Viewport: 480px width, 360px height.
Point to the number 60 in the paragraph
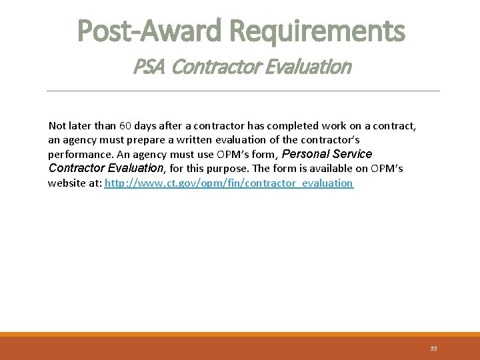pyautogui.click(x=125, y=125)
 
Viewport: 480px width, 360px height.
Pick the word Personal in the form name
pyautogui.click(x=306, y=154)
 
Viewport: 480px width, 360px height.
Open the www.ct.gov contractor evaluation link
pyautogui.click(x=229, y=183)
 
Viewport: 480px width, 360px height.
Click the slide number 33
pyautogui.click(x=433, y=349)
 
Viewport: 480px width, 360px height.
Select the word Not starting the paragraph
pyautogui.click(x=57, y=125)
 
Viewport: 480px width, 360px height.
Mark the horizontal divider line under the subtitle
pyautogui.click(x=243, y=91)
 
